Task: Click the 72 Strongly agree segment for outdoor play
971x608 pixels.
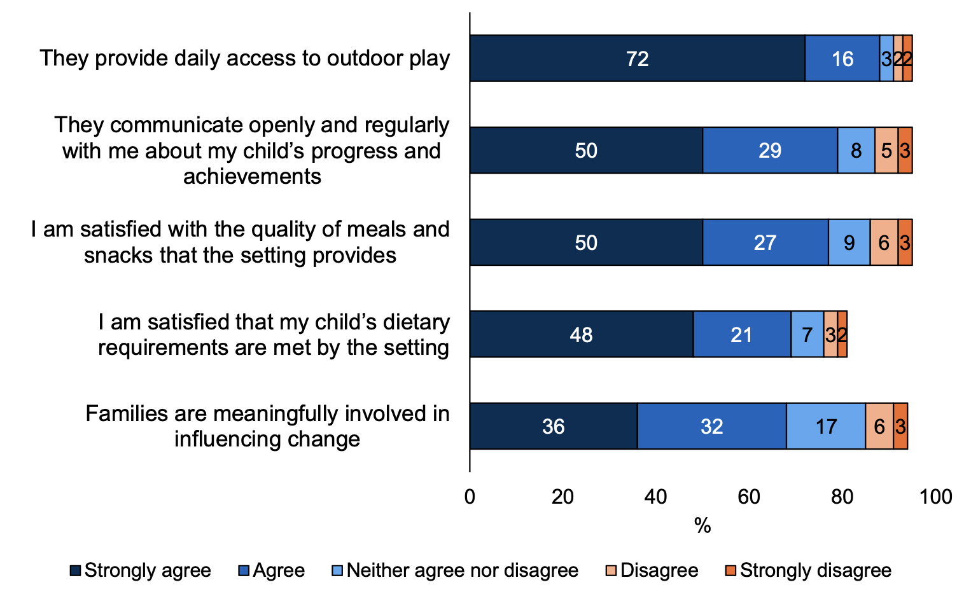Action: [637, 59]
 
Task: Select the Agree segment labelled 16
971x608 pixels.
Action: [842, 59]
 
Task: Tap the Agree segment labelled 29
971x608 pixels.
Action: [770, 151]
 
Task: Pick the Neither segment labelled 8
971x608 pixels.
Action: [856, 151]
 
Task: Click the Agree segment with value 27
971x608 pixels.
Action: [765, 242]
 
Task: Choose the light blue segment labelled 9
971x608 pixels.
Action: [849, 242]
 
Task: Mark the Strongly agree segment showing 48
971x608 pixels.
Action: [581, 335]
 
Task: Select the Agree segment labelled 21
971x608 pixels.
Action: [741, 335]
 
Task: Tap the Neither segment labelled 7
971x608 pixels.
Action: [807, 335]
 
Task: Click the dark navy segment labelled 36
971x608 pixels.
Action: [553, 426]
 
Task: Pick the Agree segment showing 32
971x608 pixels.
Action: [711, 426]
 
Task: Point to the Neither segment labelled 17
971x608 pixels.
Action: [825, 426]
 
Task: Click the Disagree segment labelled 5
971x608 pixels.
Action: [886, 151]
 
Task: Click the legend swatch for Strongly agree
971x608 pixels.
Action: [76, 571]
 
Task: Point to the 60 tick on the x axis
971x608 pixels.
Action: [749, 497]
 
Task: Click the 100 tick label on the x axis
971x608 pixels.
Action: [935, 497]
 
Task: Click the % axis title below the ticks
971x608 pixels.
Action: [702, 526]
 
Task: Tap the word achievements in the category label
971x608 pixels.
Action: [252, 176]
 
